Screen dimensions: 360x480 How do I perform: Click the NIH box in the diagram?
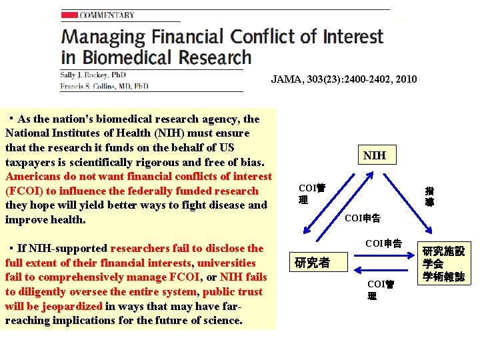click(375, 156)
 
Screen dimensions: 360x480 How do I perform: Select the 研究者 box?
click(312, 262)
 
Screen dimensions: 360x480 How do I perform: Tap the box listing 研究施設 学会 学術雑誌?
click(443, 263)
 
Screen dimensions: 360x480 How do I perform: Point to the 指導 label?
click(429, 195)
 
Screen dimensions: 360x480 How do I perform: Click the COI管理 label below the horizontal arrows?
click(381, 289)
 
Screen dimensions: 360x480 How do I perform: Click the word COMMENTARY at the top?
click(107, 15)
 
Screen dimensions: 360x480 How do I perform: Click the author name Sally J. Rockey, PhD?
click(93, 75)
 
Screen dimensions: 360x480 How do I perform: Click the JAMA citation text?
click(343, 79)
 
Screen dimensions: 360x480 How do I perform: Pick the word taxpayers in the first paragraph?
click(29, 162)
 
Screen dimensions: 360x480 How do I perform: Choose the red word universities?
click(227, 263)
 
